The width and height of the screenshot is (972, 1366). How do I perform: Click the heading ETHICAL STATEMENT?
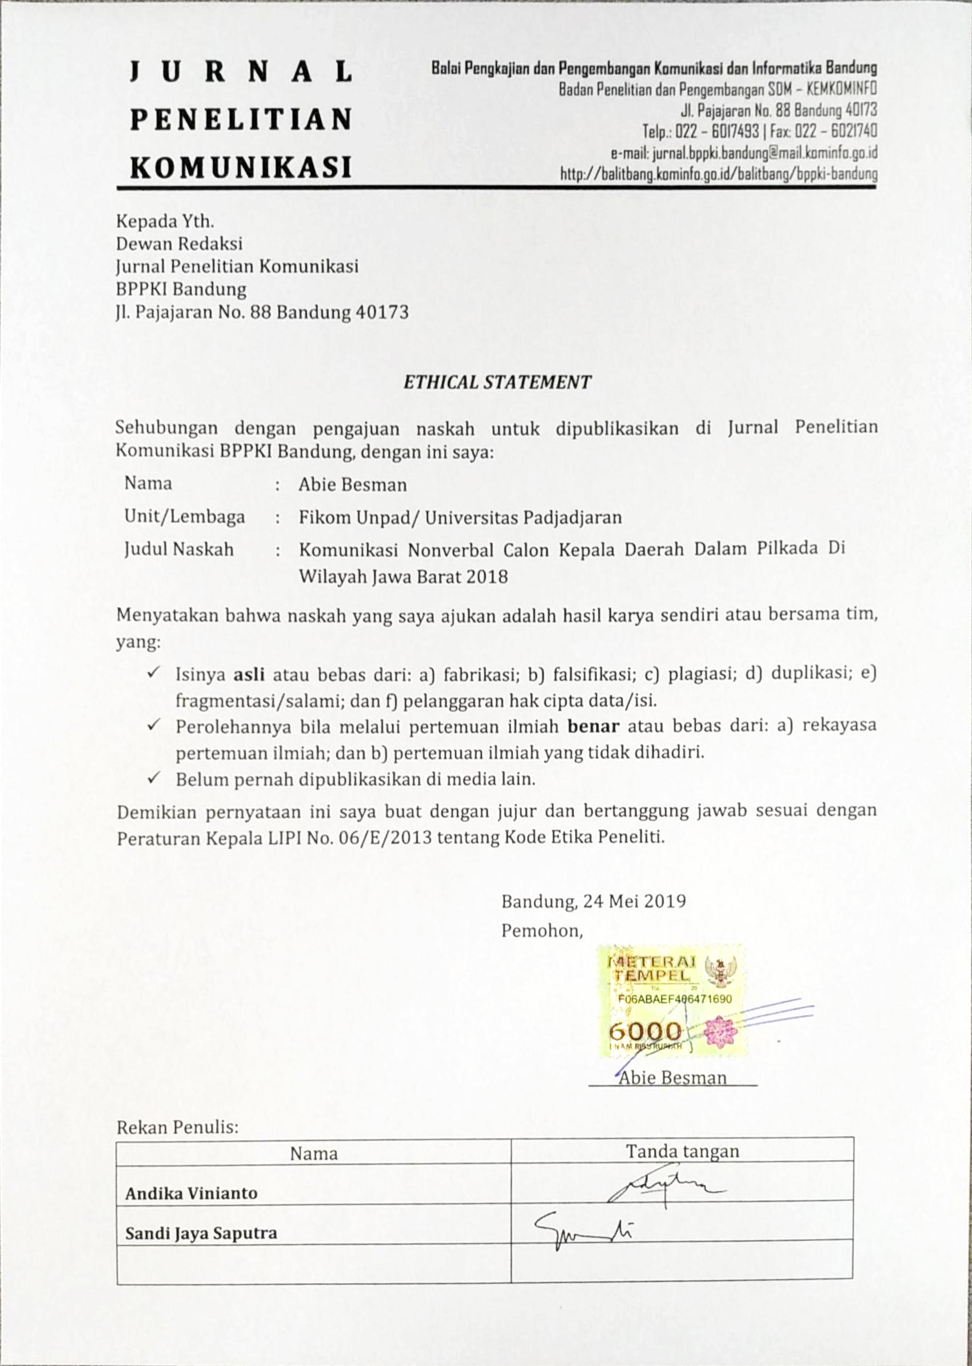pyautogui.click(x=497, y=382)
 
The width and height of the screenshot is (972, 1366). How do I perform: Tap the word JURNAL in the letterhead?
pyautogui.click(x=241, y=73)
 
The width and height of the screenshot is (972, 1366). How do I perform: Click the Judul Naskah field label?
pyautogui.click(x=178, y=549)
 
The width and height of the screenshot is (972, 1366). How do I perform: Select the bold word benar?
pyautogui.click(x=592, y=727)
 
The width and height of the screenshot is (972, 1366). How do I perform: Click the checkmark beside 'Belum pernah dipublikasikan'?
pyautogui.click(x=153, y=778)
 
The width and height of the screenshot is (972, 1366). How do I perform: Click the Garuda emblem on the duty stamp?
pyautogui.click(x=720, y=971)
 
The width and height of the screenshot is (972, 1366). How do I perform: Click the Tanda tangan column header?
pyautogui.click(x=682, y=1151)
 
